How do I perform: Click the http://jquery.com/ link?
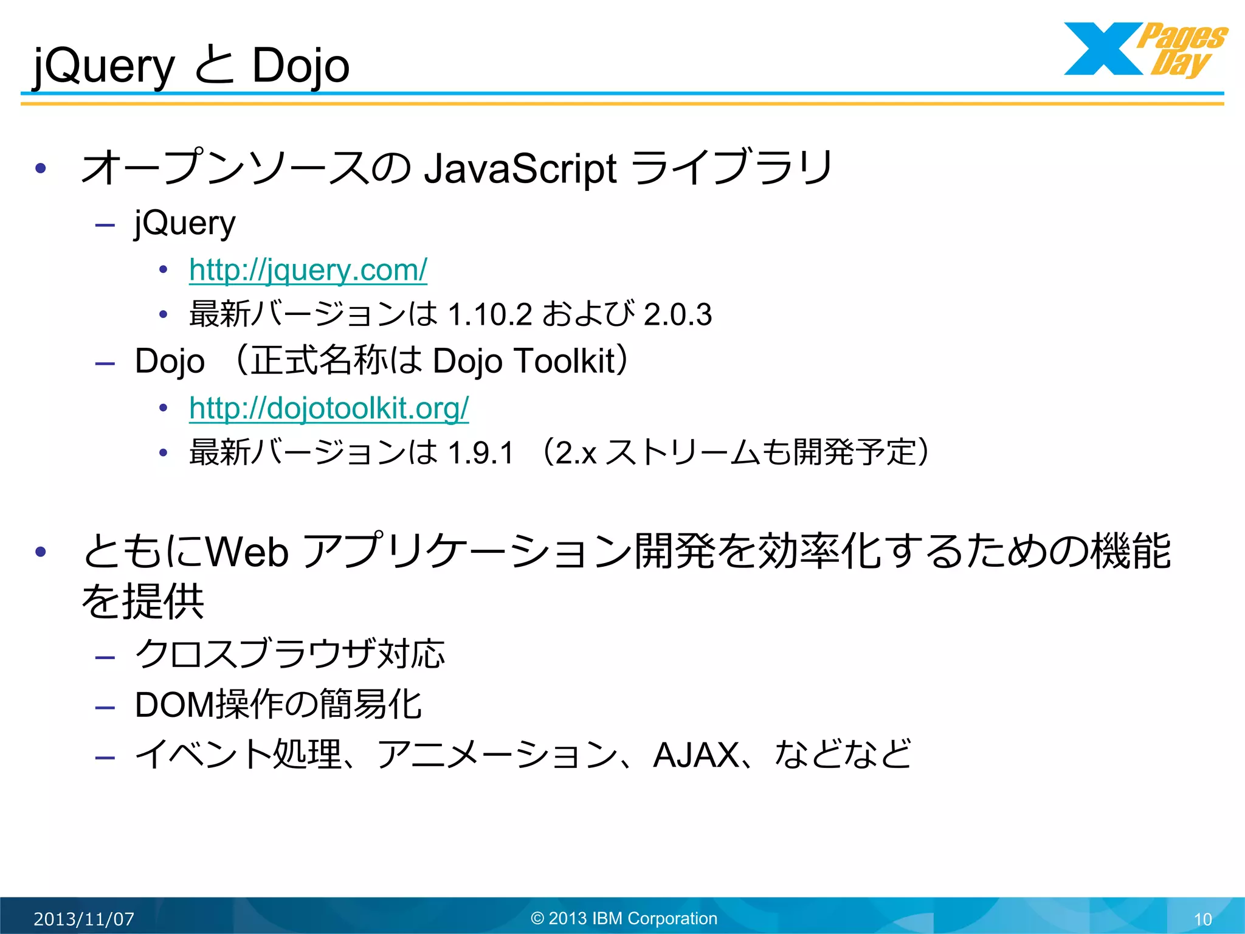point(308,271)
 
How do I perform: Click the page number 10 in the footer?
point(1203,919)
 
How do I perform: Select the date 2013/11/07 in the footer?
point(84,919)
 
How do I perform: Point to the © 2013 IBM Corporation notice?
point(624,918)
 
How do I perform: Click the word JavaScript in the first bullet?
point(520,168)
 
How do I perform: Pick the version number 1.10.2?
point(490,315)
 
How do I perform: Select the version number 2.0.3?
point(678,315)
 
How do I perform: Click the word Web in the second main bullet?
point(247,552)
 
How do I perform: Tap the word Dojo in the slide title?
point(300,66)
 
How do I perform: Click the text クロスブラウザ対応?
point(290,655)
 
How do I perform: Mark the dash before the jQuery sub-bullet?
point(105,226)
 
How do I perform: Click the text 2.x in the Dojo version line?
point(575,453)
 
